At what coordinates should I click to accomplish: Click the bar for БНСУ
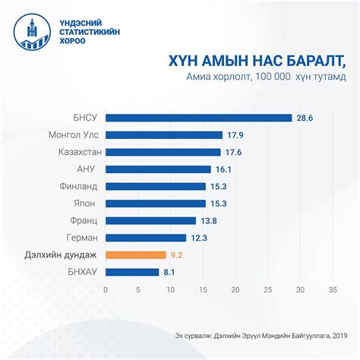point(198,118)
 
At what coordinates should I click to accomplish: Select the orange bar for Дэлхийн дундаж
point(135,255)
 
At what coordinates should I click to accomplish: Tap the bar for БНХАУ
point(131,272)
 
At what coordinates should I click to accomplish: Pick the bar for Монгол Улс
point(163,134)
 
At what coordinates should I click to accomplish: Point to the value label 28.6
point(304,118)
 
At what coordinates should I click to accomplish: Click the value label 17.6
point(233,152)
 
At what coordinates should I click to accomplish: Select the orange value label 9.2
point(177,255)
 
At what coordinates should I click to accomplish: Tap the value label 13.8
point(208,221)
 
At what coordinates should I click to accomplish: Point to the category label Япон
point(84,204)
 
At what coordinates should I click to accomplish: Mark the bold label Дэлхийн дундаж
point(60,255)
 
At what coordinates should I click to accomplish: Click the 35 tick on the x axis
point(333,289)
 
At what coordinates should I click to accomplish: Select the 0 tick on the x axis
point(106,289)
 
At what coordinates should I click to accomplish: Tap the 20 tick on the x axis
point(235,289)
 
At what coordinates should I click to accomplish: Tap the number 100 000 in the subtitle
point(266,77)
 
